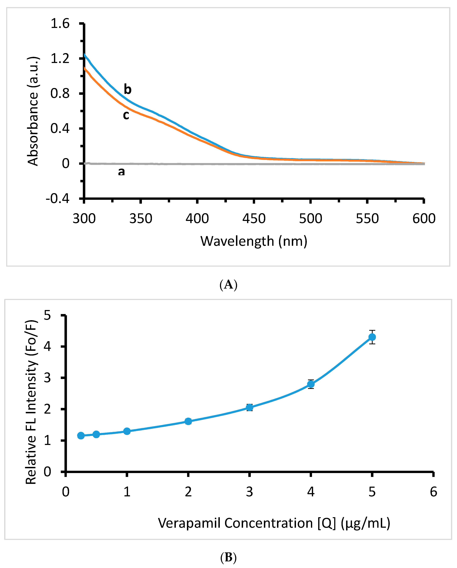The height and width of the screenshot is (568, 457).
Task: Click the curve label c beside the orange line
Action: [126, 115]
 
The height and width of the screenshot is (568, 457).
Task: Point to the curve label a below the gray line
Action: [121, 172]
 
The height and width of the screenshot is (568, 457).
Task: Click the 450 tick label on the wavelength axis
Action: [254, 219]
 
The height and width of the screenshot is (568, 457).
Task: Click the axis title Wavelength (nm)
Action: [254, 241]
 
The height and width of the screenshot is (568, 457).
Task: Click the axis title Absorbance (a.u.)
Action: [33, 111]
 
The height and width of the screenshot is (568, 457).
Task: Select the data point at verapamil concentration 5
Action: [372, 337]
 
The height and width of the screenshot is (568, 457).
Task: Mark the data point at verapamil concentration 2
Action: [188, 421]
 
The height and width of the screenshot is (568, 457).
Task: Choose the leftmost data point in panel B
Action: [81, 436]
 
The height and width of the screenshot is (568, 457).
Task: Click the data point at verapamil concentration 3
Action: [250, 408]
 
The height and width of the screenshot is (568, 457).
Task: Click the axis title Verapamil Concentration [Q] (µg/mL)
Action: [274, 523]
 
